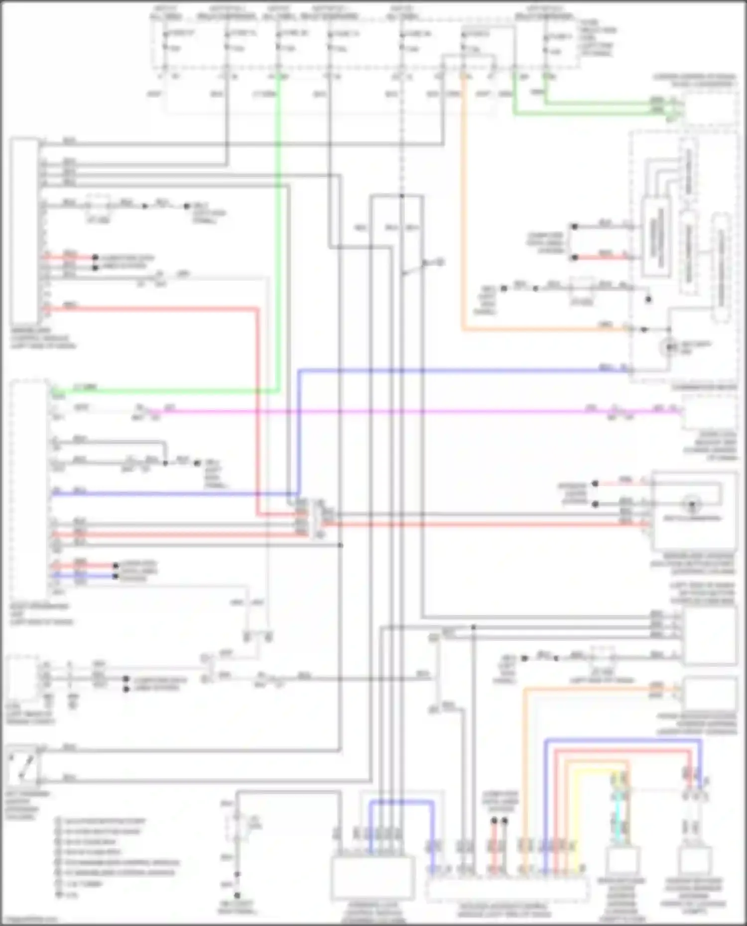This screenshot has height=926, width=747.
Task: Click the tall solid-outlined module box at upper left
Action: tap(24, 231)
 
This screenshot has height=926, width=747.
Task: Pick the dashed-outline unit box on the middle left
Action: tap(29, 488)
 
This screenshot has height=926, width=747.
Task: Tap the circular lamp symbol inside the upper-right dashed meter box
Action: tap(670, 346)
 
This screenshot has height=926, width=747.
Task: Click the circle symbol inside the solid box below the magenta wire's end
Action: tap(691, 506)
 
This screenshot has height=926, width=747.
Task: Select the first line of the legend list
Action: tap(100, 821)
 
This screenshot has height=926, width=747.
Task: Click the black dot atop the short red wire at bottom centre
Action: tap(494, 822)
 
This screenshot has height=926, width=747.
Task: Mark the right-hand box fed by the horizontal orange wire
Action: tap(709, 694)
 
